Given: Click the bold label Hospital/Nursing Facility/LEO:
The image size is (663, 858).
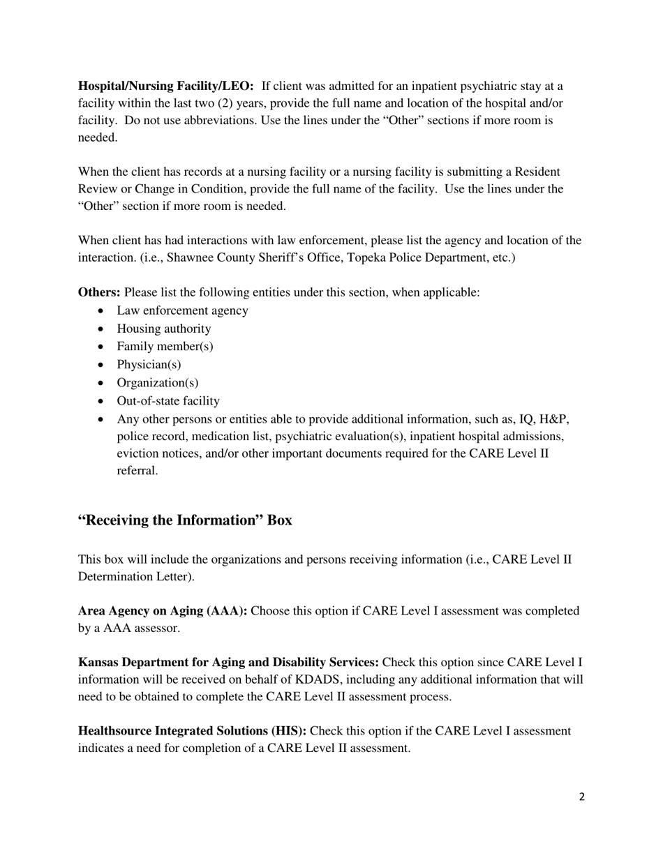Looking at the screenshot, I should [165, 86].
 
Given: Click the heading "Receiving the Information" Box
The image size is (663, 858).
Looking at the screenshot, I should [185, 520].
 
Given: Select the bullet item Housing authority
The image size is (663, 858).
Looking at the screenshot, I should [163, 329].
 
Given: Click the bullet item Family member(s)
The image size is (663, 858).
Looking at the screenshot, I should [165, 347].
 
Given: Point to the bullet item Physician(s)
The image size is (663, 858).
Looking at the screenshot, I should [149, 365].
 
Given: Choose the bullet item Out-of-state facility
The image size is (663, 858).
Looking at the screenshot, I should [168, 401].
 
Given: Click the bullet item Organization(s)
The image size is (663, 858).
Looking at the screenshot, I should [157, 383].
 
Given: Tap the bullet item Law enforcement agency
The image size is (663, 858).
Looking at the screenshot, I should [182, 310].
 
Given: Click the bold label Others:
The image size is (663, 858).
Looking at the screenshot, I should [99, 292].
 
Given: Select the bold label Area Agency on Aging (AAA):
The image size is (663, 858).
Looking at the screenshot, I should [163, 611].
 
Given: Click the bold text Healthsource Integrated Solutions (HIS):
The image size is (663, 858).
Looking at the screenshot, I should [192, 731].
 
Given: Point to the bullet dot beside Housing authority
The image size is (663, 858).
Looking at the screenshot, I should [103, 329].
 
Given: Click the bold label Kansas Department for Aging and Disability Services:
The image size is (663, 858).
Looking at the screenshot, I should [228, 663].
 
